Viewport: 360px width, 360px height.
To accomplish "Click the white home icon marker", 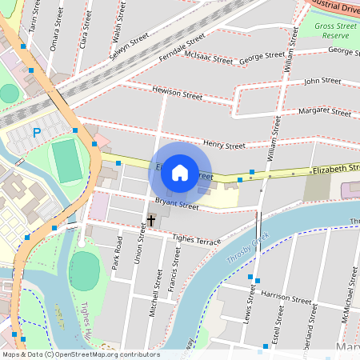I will coord(180,173).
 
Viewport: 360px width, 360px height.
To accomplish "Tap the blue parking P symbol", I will coord(35,132).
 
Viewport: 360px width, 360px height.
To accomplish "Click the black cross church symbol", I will coord(151,218).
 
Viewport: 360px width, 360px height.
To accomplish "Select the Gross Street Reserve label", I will coord(335,31).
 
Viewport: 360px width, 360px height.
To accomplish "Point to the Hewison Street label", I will coord(177,94).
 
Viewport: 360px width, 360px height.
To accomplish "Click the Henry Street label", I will coord(224,145).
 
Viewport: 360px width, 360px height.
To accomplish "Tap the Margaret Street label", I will coord(324,111).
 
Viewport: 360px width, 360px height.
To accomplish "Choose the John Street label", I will coord(322,81).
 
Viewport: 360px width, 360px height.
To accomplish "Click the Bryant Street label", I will coord(176,205).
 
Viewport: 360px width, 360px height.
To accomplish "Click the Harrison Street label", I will coord(286,299).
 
